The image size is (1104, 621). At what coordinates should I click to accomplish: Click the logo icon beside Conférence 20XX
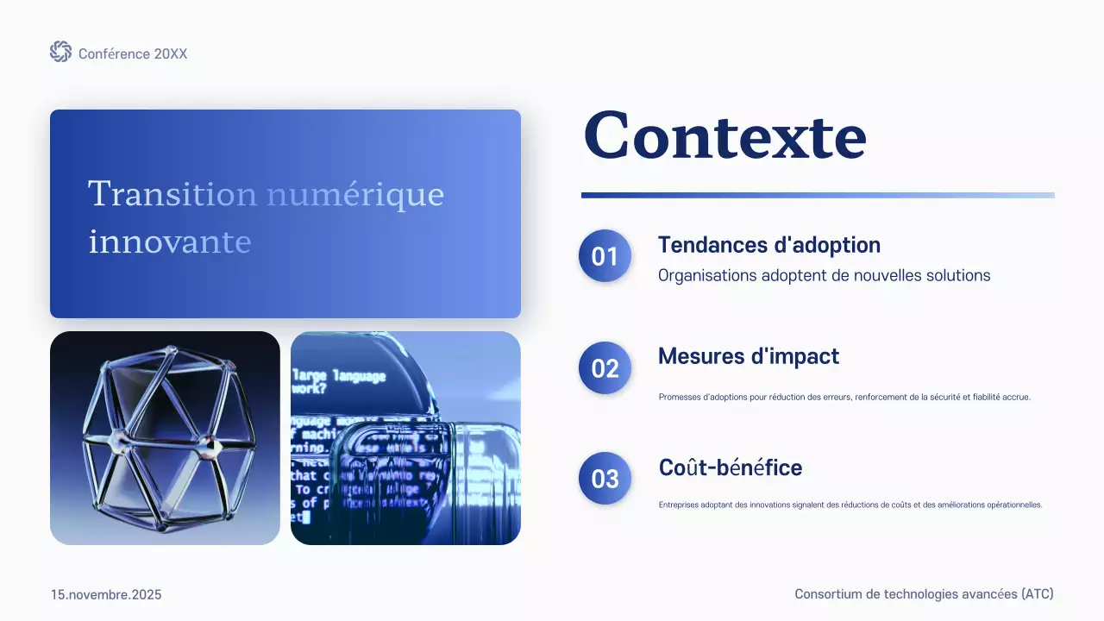pyautogui.click(x=60, y=52)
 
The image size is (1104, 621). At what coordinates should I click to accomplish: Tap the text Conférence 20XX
pyautogui.click(x=133, y=53)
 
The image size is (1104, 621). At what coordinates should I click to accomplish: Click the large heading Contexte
pyautogui.click(x=724, y=136)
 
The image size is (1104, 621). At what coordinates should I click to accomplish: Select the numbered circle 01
pyautogui.click(x=605, y=256)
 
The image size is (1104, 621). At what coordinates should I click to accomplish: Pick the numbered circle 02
pyautogui.click(x=605, y=368)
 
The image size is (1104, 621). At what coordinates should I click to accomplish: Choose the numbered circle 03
pyautogui.click(x=605, y=478)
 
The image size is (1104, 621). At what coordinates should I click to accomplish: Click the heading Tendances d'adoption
pyautogui.click(x=768, y=245)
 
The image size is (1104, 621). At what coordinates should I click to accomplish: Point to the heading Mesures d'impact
pyautogui.click(x=748, y=355)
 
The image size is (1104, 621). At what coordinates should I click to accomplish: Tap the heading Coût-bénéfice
pyautogui.click(x=730, y=467)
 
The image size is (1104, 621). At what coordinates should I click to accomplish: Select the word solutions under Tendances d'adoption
pyautogui.click(x=956, y=276)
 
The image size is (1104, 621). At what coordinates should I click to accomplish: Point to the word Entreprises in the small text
pyautogui.click(x=681, y=505)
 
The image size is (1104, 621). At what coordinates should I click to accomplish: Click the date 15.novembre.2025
pyautogui.click(x=106, y=595)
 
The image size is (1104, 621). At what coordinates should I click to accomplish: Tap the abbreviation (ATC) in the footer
pyautogui.click(x=1037, y=594)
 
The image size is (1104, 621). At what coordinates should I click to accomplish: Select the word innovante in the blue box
pyautogui.click(x=170, y=241)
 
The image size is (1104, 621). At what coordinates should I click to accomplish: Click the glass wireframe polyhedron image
pyautogui.click(x=165, y=438)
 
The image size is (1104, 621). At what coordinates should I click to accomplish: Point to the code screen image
pyautogui.click(x=405, y=438)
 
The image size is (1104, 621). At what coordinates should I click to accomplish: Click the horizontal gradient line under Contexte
pyautogui.click(x=817, y=195)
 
